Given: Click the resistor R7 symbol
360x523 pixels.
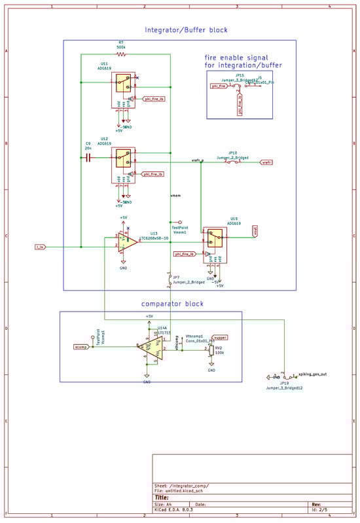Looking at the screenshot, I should [121, 54].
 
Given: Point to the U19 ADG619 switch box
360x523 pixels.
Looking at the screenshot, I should [214, 238].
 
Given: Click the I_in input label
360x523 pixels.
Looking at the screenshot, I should [41, 247].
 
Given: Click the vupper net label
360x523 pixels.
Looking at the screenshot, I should [220, 338].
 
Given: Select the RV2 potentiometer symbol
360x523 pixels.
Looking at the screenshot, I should [211, 350].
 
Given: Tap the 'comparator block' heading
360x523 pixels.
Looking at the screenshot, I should [172, 304].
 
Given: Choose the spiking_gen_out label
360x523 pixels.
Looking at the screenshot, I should [313, 374].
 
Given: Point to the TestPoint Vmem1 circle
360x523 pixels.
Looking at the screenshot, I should [171, 222].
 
